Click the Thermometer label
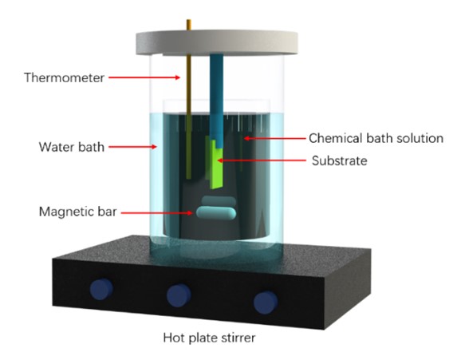click(64, 77)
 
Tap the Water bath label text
click(72, 147)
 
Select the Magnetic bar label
click(78, 212)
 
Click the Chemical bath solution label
click(376, 138)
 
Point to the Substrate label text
click(340, 160)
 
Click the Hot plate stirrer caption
click(209, 338)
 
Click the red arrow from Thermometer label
click(144, 77)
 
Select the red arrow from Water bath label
click(133, 147)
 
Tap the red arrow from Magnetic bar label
click(157, 212)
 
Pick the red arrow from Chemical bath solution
click(275, 138)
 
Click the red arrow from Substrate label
click(262, 160)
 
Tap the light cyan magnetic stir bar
click(216, 213)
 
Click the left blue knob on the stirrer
click(101, 289)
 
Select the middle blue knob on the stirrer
click(179, 295)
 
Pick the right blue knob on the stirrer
click(266, 303)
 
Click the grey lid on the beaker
click(217, 43)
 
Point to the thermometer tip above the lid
click(189, 20)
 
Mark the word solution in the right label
click(420, 138)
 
